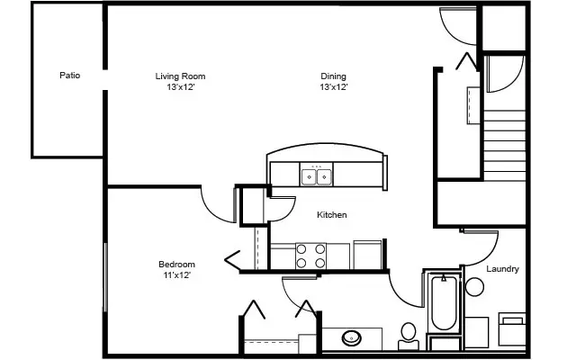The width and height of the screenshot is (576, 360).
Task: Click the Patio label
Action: coord(70,76)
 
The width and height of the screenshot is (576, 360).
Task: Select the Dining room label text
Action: coord(333,76)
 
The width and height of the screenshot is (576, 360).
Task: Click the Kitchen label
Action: coord(332,215)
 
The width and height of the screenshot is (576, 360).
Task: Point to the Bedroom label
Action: coord(176,264)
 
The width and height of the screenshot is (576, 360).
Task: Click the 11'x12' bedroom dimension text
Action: coord(176,275)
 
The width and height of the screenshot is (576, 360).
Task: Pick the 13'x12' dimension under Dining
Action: coord(333,88)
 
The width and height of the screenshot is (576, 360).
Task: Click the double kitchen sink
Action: coord(316,175)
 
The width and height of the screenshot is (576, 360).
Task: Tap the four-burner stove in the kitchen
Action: coord(311,255)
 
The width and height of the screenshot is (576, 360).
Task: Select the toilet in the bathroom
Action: coord(409,335)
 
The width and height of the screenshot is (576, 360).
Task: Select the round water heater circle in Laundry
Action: coord(474,288)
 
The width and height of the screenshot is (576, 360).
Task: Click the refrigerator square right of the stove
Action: coord(367,254)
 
